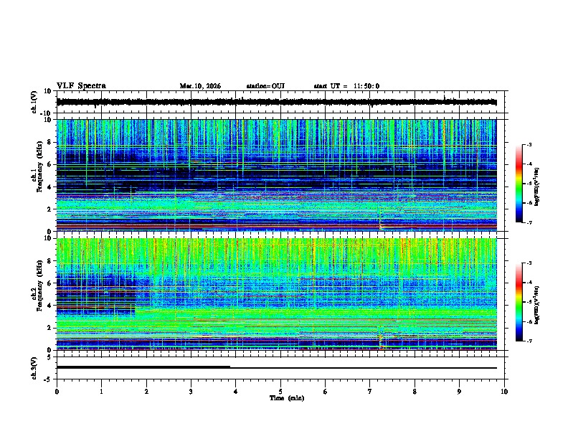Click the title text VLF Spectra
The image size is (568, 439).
[81, 86]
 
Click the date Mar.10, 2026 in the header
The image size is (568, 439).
[200, 86]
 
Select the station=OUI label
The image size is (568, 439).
[265, 86]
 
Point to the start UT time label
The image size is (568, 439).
[346, 86]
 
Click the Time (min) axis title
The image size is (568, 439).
[280, 398]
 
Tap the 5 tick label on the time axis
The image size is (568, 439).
[280, 391]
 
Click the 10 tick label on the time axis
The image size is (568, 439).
[505, 391]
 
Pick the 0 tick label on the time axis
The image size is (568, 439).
[57, 391]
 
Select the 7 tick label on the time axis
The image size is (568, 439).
[370, 391]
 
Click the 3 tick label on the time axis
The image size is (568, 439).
[191, 391]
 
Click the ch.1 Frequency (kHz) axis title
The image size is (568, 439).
[37, 175]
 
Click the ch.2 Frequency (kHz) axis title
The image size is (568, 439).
[37, 294]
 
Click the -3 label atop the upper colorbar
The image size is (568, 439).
[529, 145]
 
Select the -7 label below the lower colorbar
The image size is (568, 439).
[529, 341]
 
